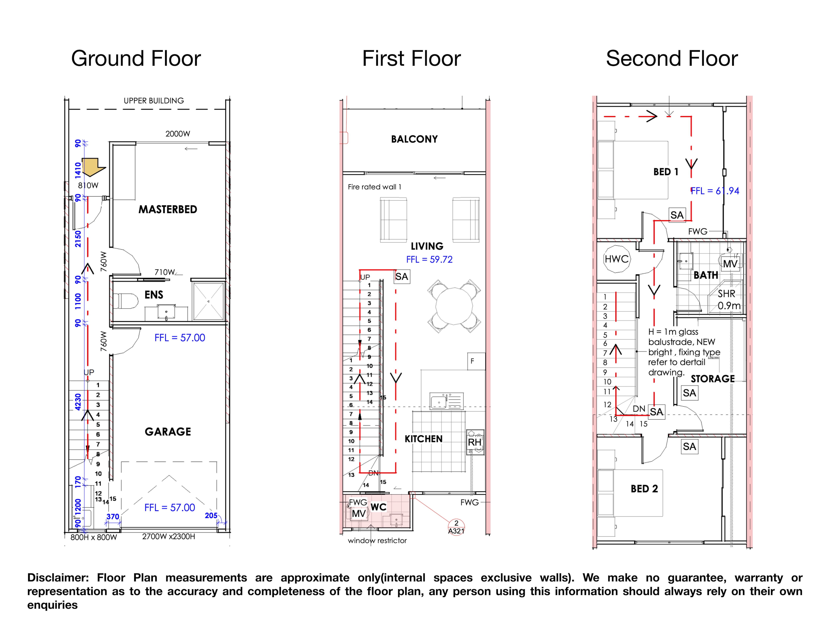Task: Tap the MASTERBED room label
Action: tap(168, 210)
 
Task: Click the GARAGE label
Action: tap(168, 432)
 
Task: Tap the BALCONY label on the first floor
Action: tap(414, 139)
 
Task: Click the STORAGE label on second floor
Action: tap(713, 379)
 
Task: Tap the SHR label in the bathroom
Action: tap(726, 294)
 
